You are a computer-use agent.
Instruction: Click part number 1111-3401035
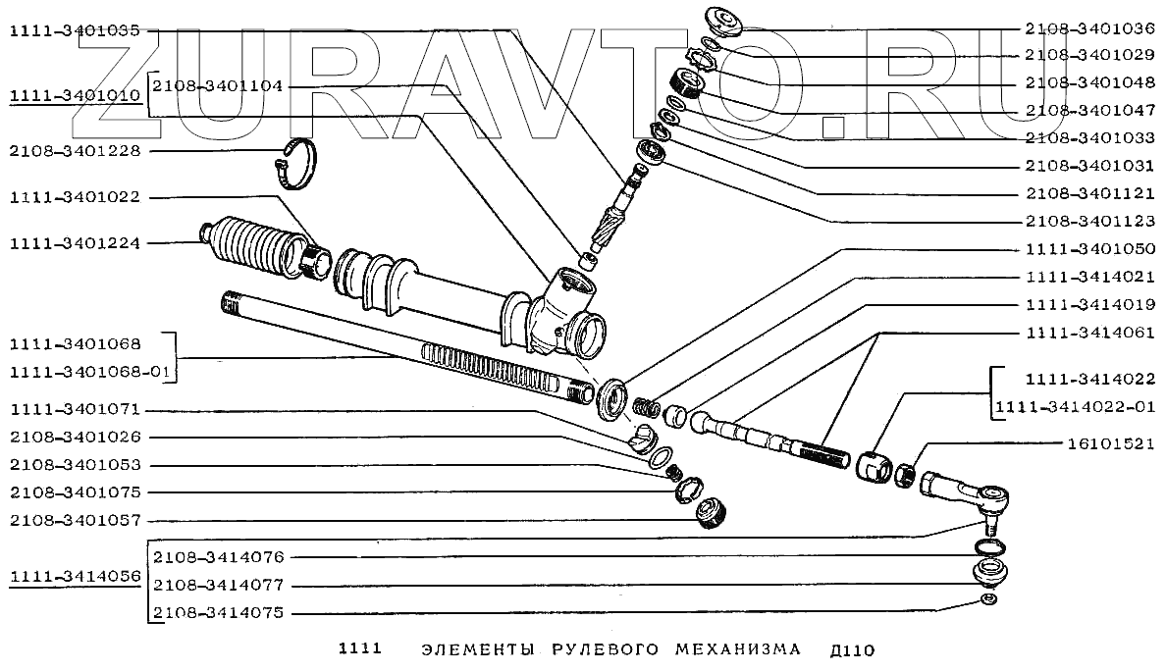[x=75, y=31]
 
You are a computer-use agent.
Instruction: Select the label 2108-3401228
[x=75, y=151]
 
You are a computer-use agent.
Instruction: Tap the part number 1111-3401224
[x=75, y=243]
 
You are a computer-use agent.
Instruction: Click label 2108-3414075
[x=218, y=613]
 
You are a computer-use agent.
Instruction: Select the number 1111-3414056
[x=75, y=577]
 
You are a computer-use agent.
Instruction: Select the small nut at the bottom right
[x=988, y=600]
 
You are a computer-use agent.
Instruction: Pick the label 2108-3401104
[x=218, y=86]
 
